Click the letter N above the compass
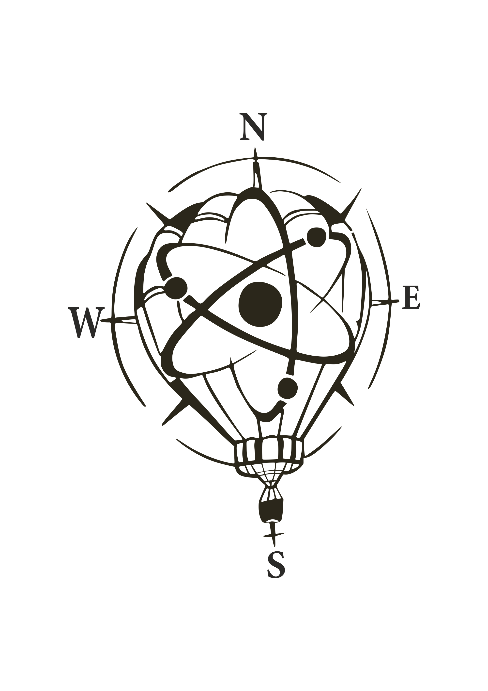coord(253,126)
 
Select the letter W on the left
coord(86,323)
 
